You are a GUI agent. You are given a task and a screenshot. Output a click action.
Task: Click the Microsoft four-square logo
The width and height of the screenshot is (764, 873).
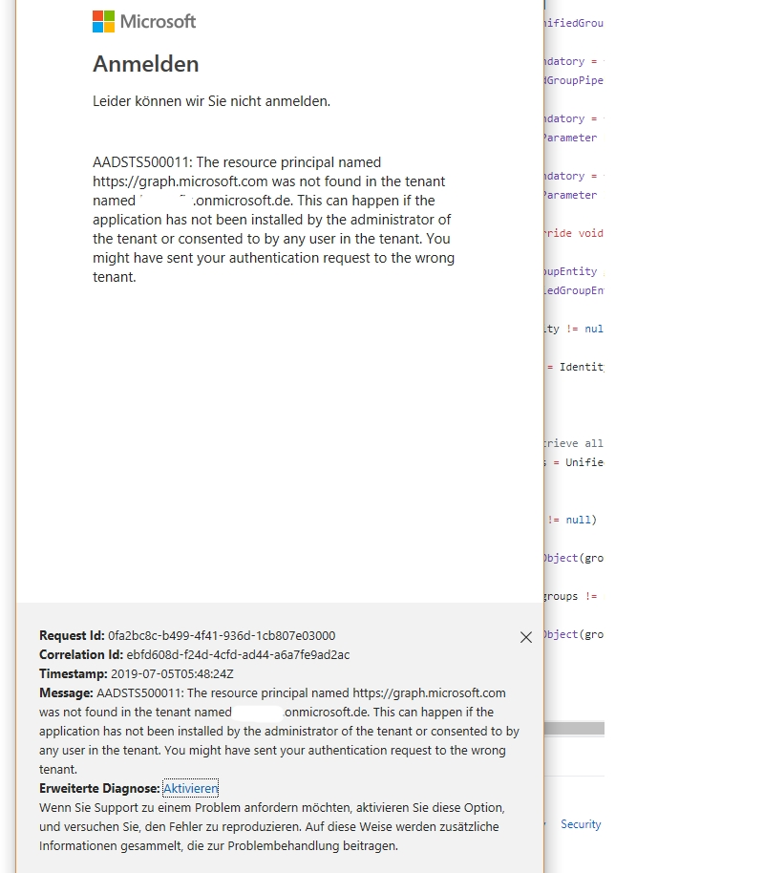coord(103,21)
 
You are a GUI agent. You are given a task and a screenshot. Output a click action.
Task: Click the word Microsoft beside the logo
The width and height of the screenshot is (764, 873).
coord(158,21)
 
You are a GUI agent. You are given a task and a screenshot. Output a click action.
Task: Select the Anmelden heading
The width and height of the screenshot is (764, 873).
coord(145,64)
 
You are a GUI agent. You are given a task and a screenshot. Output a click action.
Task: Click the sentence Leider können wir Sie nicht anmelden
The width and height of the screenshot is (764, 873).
coord(211,100)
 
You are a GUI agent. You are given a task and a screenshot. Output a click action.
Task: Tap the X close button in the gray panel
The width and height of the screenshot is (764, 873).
coord(526,637)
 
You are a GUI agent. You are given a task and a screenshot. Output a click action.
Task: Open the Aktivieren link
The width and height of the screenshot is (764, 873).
coord(190,788)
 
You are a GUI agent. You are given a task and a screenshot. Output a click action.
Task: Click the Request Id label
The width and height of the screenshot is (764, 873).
coord(72,635)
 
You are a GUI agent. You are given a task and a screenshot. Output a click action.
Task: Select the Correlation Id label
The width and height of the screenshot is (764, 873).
coord(81,654)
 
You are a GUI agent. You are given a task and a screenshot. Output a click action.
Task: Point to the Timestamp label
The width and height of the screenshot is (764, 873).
coord(74,673)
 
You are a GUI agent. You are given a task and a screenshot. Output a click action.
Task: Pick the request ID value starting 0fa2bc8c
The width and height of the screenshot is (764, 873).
coord(222,635)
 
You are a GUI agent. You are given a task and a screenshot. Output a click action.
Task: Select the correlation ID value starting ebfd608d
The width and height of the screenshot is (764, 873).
coord(239,654)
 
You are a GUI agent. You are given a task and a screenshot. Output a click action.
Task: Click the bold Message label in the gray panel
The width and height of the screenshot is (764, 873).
coord(66,692)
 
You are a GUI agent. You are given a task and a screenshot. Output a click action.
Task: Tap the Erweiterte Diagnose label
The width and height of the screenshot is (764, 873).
coord(99,788)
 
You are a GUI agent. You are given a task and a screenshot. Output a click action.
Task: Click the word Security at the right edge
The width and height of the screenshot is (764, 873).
coord(581,824)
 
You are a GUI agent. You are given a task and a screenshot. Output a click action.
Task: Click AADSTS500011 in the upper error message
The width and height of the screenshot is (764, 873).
coord(140,162)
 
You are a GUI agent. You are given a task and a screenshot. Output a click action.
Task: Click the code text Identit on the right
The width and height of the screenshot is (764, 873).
coord(582,367)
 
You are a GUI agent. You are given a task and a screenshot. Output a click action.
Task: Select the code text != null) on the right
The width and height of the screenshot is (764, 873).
coord(572,520)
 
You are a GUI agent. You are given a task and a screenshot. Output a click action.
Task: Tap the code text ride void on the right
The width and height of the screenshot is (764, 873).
coord(572,233)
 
